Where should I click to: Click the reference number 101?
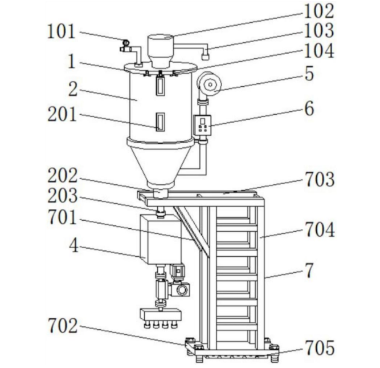click(62, 33)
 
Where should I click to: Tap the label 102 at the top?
click(318, 11)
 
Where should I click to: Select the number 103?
click(318, 31)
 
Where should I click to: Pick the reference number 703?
click(318, 180)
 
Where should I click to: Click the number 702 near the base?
click(62, 326)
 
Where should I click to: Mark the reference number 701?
click(62, 219)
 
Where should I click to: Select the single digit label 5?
click(309, 74)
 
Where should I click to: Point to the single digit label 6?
click(309, 108)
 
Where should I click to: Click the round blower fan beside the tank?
click(208, 85)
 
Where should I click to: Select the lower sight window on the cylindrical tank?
click(160, 122)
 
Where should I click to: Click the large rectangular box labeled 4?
click(161, 239)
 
